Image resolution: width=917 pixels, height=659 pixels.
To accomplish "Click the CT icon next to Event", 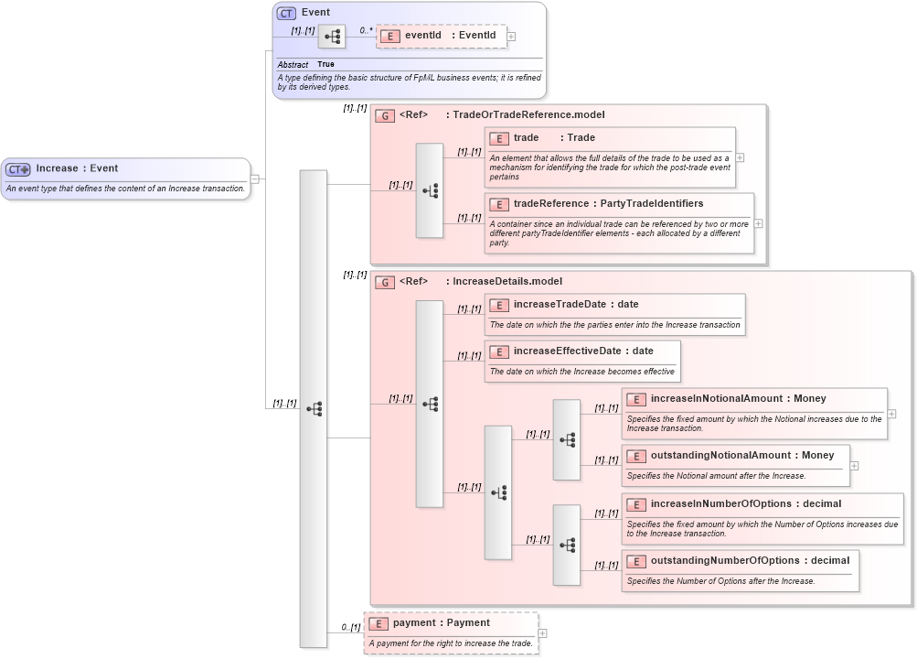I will coord(287,13).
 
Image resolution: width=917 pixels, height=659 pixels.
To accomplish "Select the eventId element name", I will coord(423,36).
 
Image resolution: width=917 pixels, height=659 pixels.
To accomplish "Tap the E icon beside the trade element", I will coord(499,138).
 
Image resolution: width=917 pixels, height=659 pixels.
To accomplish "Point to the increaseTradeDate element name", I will coord(560,304).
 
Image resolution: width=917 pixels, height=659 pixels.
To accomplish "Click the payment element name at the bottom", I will coord(417,623).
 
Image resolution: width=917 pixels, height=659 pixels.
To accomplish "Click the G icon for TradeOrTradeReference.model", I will coord(385,115).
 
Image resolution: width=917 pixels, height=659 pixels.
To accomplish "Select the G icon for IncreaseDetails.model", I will coord(385,282).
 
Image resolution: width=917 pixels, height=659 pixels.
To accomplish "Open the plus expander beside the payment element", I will coord(543,632).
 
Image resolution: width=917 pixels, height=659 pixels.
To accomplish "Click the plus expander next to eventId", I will coord(511,37).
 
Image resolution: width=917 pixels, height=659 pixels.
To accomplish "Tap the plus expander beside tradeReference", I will coord(759,223).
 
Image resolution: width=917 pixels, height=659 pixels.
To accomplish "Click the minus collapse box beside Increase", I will coord(255,178).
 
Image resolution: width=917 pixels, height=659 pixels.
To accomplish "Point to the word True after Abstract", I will coord(325,65).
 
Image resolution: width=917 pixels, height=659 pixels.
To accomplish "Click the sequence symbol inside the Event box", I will coord(331,37).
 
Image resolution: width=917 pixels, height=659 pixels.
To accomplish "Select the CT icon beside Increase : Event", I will coord(18,169).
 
